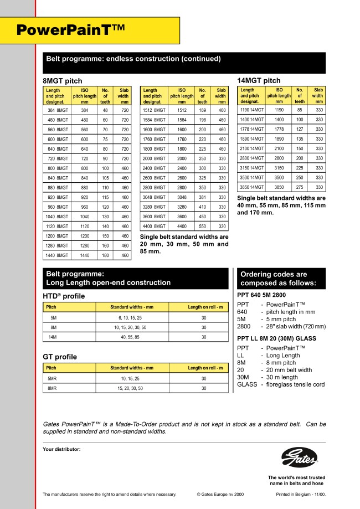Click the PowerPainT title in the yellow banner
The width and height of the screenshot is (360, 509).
pyautogui.click(x=71, y=30)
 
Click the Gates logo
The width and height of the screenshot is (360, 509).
pyautogui.click(x=299, y=458)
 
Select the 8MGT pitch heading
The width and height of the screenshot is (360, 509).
pyautogui.click(x=62, y=81)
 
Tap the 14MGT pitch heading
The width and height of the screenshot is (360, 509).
pyautogui.click(x=259, y=81)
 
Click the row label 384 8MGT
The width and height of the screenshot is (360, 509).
pyautogui.click(x=58, y=110)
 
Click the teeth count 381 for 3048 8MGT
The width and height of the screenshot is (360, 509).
pyautogui.click(x=203, y=197)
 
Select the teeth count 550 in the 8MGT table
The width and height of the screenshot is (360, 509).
pyautogui.click(x=203, y=227)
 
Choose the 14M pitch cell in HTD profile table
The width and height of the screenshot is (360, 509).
pyautogui.click(x=54, y=337)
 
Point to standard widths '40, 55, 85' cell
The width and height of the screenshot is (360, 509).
pyautogui.click(x=131, y=337)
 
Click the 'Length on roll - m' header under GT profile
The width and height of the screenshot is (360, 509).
pyautogui.click(x=205, y=368)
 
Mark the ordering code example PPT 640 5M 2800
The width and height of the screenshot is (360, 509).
pyautogui.click(x=261, y=295)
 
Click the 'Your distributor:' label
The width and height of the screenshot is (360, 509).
pyautogui.click(x=61, y=449)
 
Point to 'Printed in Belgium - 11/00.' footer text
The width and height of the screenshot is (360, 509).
pyautogui.click(x=301, y=494)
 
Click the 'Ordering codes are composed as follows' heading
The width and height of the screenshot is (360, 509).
pyautogui.click(x=281, y=279)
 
